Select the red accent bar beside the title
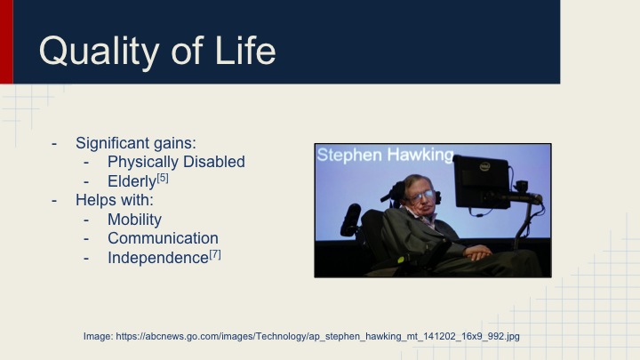[6, 42]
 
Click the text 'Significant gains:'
[136, 142]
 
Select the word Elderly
[131, 181]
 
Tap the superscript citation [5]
[163, 178]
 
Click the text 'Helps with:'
[115, 200]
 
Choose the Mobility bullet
[134, 220]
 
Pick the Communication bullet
[163, 238]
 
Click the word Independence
[157, 258]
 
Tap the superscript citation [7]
[214, 255]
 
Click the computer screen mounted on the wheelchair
[481, 182]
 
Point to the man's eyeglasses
[421, 195]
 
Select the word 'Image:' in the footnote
[98, 336]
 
